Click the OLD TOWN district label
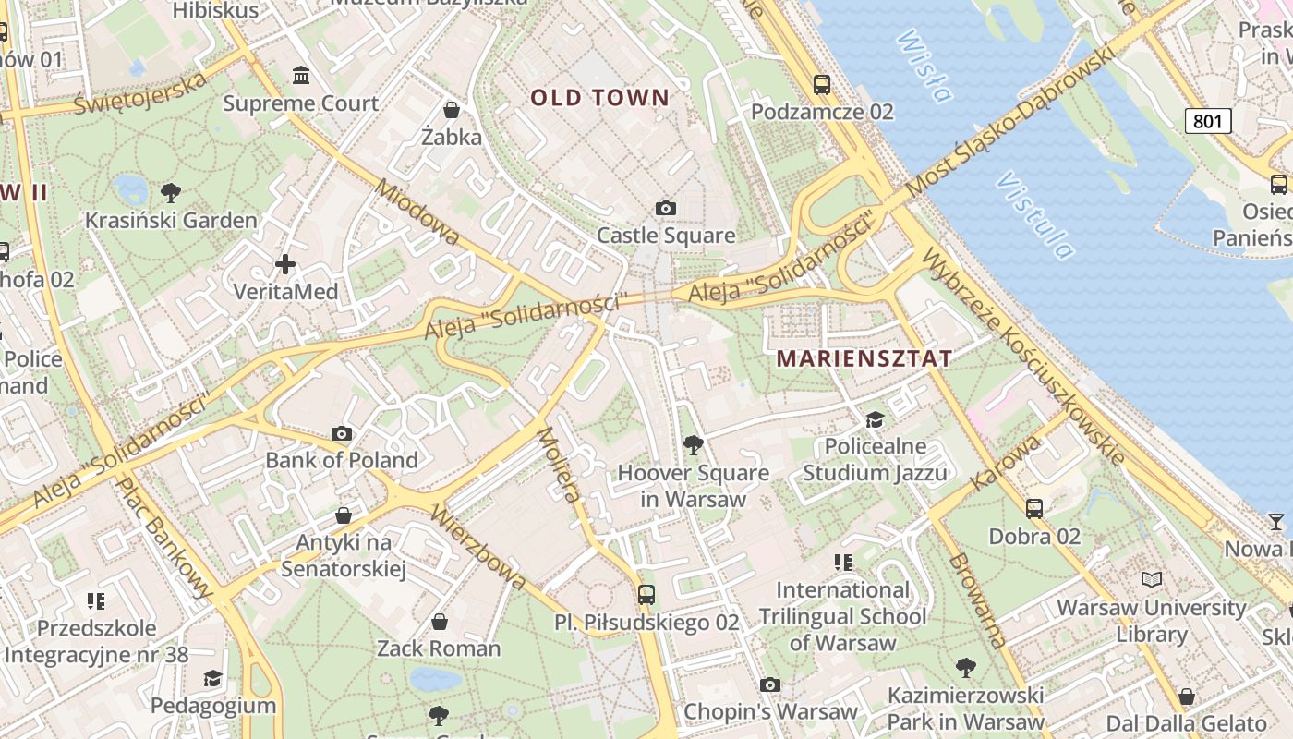pos(599,98)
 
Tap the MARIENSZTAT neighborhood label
pos(864,358)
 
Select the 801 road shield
pos(1208,121)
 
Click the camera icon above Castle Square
pos(665,209)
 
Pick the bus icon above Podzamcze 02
pos(822,85)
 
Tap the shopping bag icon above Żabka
pos(452,110)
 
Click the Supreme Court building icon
pos(301,75)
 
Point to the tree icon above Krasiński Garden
pos(170,193)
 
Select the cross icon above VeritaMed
pos(285,265)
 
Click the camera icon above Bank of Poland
pos(342,433)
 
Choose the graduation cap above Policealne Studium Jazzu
pos(875,420)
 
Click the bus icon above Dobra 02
pos(1034,509)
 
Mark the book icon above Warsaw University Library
pos(1151,580)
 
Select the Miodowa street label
pos(417,213)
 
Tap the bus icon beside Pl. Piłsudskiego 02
pos(646,595)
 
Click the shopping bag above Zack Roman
pos(440,622)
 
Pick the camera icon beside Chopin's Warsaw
pos(769,684)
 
